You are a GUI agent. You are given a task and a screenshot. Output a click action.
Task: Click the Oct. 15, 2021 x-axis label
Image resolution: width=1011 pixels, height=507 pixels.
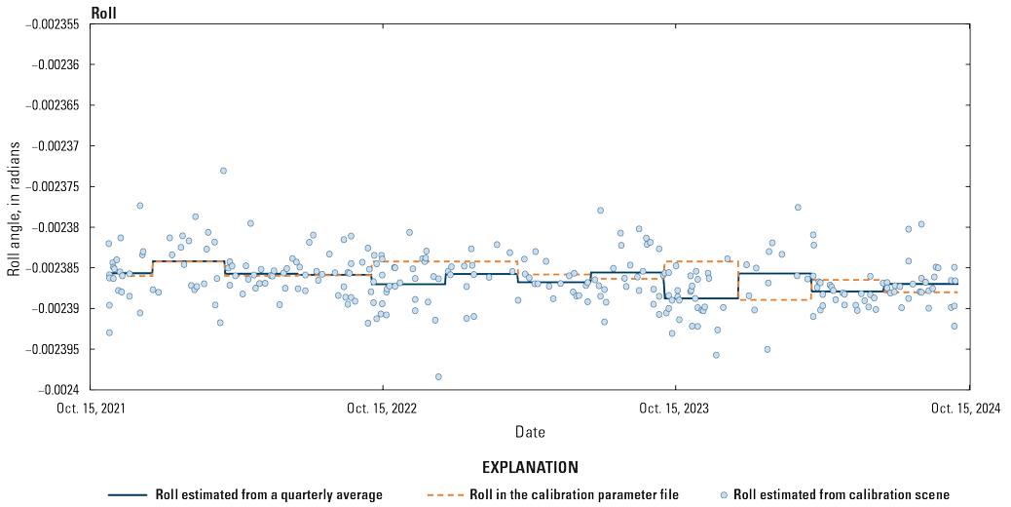[x=92, y=409]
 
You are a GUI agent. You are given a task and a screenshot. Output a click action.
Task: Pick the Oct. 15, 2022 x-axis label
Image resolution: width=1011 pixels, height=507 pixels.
[x=384, y=409]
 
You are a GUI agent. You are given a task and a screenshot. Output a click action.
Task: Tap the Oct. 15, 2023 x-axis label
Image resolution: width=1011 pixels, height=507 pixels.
[x=676, y=409]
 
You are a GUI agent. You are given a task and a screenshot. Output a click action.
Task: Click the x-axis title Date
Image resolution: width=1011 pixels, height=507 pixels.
[x=530, y=431]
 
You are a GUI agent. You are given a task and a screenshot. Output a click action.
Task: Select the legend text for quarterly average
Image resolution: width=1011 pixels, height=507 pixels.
[x=269, y=494]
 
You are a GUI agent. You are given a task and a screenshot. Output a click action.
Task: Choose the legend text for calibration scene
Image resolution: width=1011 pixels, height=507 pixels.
[x=841, y=494]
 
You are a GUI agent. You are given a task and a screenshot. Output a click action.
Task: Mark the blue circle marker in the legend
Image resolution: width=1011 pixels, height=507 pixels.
[x=723, y=494]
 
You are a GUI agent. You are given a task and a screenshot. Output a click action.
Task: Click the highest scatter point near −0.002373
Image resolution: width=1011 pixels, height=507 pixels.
[x=223, y=171]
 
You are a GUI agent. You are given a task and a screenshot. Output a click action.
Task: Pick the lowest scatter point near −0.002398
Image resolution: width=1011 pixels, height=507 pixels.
[x=438, y=376]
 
